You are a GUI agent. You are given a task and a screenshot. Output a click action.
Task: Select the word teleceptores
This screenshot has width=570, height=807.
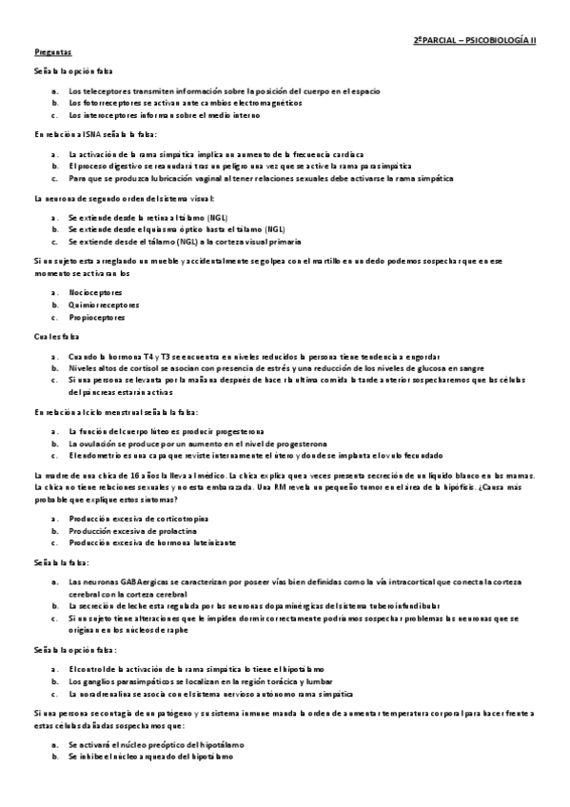[x=107, y=90]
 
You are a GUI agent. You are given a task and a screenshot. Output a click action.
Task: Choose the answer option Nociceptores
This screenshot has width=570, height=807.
[x=95, y=291]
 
